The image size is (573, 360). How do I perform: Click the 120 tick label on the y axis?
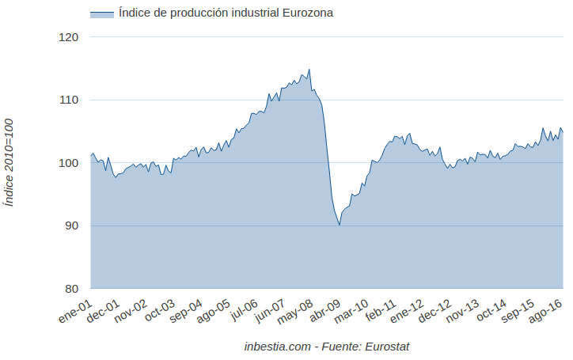69,37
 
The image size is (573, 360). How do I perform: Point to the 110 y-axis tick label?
69,100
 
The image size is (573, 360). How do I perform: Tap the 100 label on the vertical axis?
69,163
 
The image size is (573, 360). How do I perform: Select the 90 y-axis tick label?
71,225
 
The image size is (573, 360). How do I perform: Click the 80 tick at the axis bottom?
71,288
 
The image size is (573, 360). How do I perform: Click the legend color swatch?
101,13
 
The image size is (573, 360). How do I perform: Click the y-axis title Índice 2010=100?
9,162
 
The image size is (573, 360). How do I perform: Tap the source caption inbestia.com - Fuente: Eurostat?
327,347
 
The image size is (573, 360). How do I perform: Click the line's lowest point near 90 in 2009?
340,225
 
